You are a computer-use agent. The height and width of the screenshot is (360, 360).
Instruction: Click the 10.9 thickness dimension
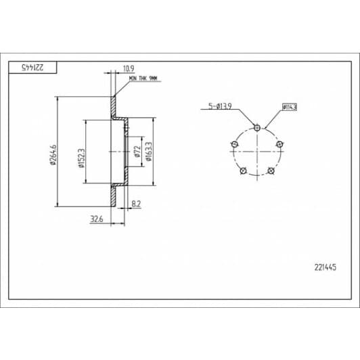pos(127,68)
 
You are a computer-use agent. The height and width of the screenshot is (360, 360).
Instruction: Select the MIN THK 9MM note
pos(143,78)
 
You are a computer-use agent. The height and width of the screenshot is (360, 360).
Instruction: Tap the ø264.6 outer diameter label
pos(52,154)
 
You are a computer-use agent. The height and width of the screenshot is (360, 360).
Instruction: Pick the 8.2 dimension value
pos(135,203)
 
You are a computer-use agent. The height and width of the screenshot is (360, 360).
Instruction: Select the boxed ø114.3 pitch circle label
pos(290,106)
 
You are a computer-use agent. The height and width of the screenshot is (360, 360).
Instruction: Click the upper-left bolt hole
pos(234,143)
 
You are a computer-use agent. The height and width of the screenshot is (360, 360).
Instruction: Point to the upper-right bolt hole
pos(279,143)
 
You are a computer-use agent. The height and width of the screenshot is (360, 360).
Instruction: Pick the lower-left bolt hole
pos(242,170)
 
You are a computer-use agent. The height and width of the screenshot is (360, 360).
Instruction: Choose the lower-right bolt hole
pos(271,170)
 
